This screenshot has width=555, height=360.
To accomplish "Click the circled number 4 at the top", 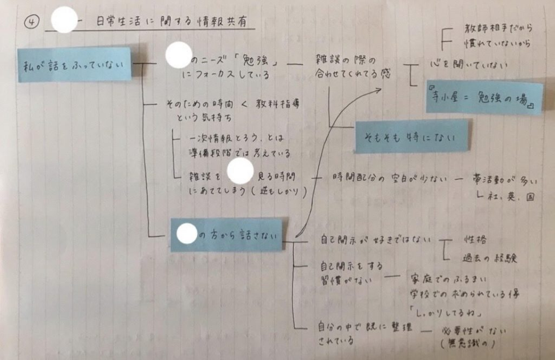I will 32,22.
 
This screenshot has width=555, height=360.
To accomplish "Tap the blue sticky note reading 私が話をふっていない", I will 74,65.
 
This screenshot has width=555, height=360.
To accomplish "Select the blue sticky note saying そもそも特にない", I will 411,136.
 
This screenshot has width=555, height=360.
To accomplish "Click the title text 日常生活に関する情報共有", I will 171,22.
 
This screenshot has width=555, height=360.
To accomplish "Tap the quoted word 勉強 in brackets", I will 256,61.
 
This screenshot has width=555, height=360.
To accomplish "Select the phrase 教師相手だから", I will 498,28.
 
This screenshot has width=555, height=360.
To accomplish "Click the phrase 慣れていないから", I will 497,43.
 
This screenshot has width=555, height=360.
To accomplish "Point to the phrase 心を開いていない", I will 468,64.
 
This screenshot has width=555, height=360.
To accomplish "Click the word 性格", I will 475,240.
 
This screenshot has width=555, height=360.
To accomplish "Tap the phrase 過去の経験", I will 489,258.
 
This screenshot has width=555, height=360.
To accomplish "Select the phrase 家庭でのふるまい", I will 449,279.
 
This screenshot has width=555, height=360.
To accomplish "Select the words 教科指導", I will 277,104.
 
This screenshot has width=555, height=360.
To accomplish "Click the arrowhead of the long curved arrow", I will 379,90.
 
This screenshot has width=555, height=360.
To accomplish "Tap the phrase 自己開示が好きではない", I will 375,240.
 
